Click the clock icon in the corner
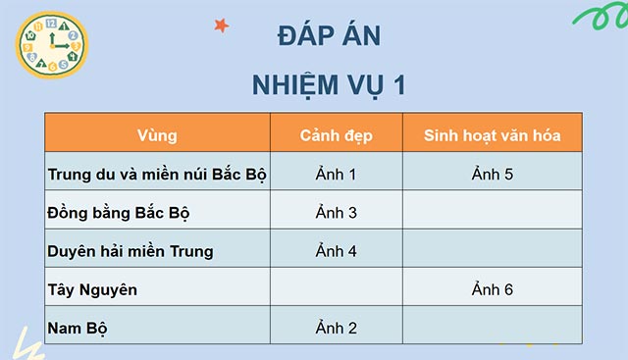[x=49, y=47]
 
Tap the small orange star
[x=221, y=25]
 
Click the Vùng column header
[x=157, y=134]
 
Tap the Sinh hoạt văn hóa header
[x=492, y=134]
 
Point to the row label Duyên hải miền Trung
[x=130, y=251]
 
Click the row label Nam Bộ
[x=78, y=328]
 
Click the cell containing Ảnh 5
[x=492, y=175]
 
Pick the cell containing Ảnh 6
[x=492, y=289]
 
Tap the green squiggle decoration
[x=593, y=20]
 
